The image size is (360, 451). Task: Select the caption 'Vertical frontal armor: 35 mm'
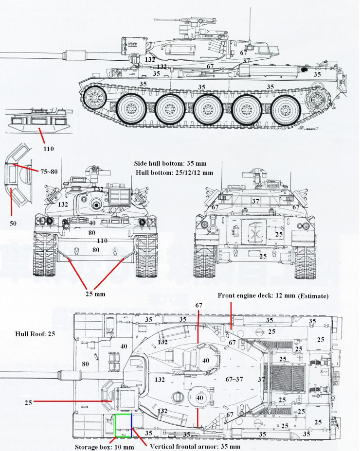coord(195,446)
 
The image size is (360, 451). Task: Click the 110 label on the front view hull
coord(102,241)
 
